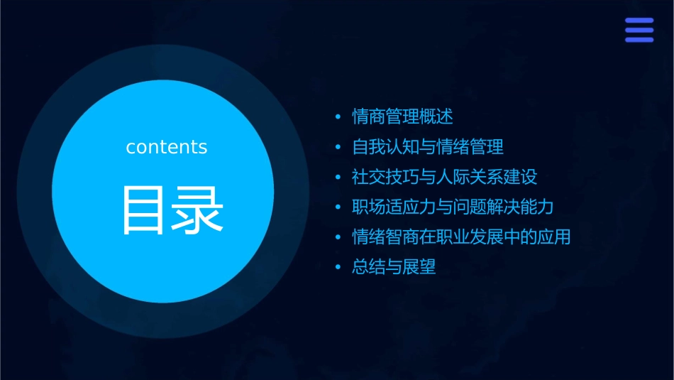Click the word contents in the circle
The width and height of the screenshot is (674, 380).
pos(167,147)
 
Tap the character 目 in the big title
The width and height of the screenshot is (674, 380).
pos(143,210)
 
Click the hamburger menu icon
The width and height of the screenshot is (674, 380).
pos(639,30)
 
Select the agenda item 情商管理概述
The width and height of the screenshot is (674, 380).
pos(402,116)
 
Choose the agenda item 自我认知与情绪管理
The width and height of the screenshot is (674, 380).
pos(428,147)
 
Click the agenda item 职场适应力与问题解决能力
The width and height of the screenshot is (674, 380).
pos(453,207)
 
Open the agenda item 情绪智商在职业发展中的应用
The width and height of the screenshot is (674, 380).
pos(461,237)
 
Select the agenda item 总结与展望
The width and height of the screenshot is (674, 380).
pos(394,268)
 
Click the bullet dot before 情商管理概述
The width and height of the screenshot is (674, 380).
pos(338,116)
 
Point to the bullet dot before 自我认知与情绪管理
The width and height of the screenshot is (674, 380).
pos(338,147)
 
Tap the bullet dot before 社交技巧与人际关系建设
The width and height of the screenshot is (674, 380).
pos(338,177)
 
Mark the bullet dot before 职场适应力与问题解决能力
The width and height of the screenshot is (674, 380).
pos(338,207)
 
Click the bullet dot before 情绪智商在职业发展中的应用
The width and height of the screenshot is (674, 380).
pos(338,237)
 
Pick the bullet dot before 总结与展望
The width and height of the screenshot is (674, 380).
pos(338,268)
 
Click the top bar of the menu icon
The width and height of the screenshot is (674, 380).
pos(639,21)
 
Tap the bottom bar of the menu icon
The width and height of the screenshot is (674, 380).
pos(639,39)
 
